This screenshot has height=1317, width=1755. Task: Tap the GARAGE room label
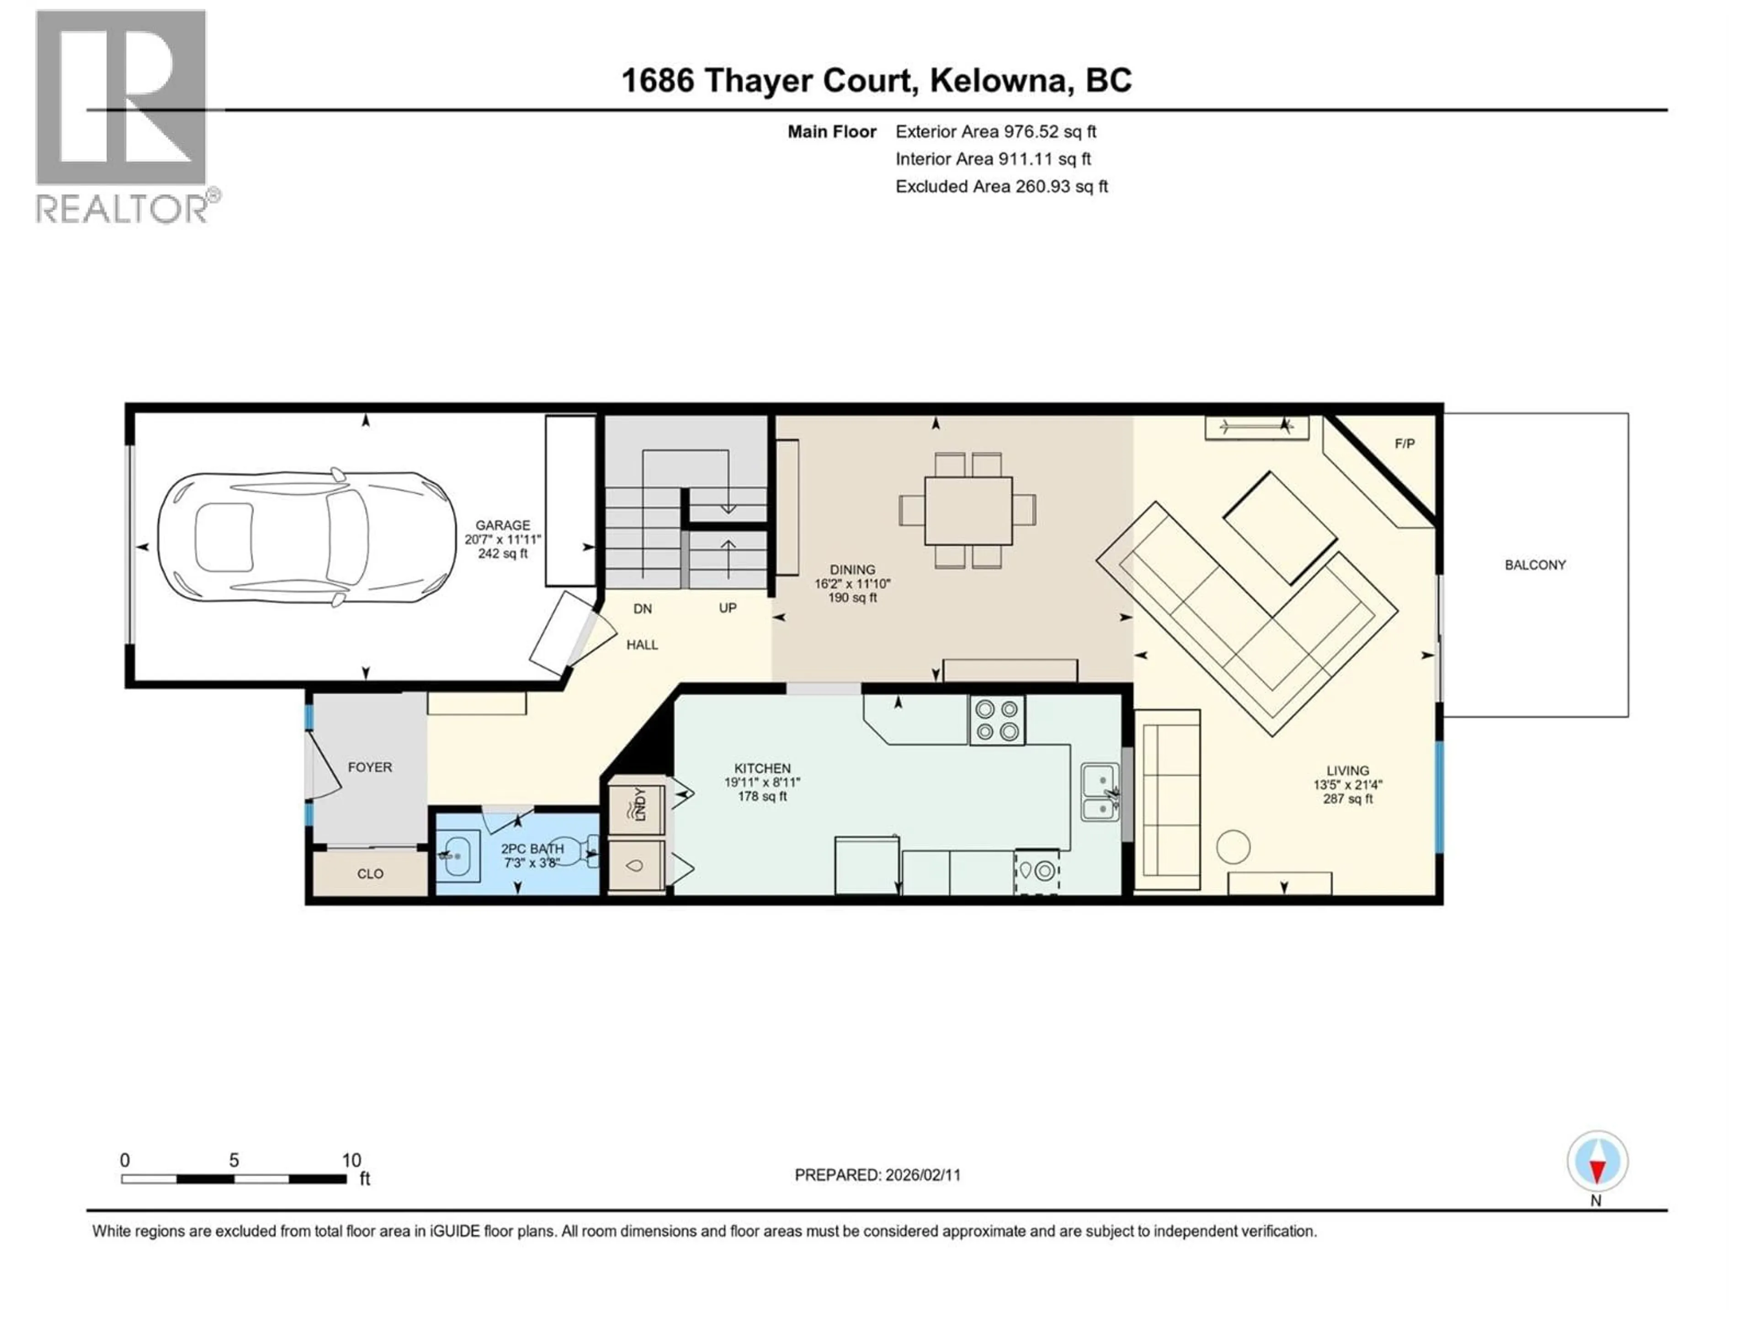(502, 525)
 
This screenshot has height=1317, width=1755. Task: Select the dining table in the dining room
(968, 510)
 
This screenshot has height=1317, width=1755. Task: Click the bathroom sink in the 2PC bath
(458, 857)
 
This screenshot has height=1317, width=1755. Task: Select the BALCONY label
(1534, 565)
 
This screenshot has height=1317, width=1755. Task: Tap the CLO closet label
(370, 874)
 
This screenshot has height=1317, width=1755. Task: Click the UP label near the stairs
(728, 608)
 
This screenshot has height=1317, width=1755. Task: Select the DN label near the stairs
(643, 609)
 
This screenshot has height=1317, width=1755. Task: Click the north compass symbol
(1597, 1162)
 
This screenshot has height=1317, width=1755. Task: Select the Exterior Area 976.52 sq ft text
(996, 132)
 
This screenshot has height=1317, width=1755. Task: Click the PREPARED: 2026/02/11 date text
(877, 1175)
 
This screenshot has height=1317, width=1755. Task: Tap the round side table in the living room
(1233, 847)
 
